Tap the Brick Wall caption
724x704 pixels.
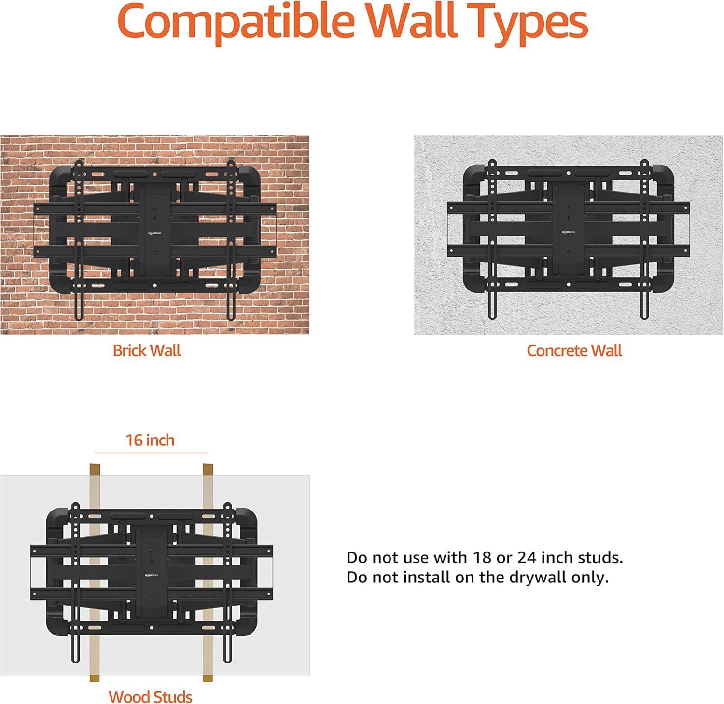147,350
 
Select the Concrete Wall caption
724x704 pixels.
574,350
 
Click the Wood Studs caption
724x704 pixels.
150,697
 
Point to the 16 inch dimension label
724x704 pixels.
150,440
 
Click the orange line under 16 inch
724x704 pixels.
151,453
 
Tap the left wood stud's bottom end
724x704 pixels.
95,679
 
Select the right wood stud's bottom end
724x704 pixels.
208,679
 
